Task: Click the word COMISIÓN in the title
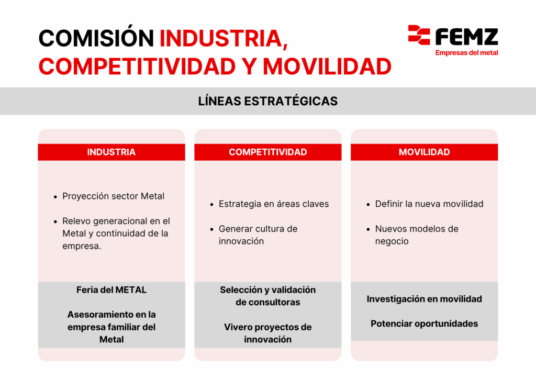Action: (96, 38)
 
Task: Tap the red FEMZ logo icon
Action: (419, 35)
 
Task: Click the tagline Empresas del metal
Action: (466, 53)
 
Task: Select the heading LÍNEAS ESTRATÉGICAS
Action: (268, 101)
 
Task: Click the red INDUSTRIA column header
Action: (111, 152)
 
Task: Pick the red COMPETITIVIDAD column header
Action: (268, 152)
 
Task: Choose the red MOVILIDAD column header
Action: (424, 152)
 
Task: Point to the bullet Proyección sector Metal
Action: (113, 196)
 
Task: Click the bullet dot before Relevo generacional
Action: (55, 222)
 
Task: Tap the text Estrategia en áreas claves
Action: (274, 204)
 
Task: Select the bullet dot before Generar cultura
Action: (212, 229)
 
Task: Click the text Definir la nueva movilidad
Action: (429, 204)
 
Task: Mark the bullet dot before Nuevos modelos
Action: (368, 229)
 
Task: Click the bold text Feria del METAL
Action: (111, 290)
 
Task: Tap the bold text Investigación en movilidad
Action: (424, 299)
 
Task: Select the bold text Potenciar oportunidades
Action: (424, 324)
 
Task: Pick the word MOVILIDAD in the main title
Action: (327, 66)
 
